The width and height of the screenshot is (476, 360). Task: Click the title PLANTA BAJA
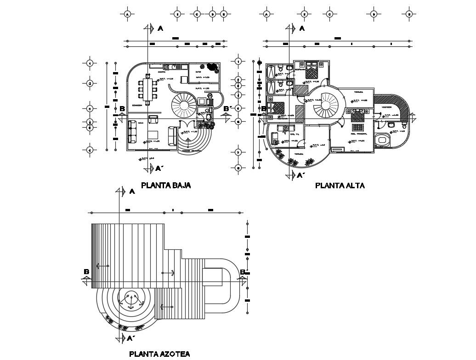click(165, 186)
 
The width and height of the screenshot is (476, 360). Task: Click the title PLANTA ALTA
click(340, 186)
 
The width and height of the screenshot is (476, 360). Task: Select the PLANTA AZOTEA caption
click(159, 354)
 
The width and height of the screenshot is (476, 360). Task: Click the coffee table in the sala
click(153, 134)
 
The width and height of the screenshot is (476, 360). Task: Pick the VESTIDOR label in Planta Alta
click(386, 107)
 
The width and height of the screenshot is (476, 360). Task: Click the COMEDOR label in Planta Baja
click(136, 106)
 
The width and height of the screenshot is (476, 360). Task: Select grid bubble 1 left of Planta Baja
click(90, 63)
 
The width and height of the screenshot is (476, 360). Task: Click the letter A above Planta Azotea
click(132, 191)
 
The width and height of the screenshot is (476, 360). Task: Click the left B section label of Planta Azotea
click(86, 272)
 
